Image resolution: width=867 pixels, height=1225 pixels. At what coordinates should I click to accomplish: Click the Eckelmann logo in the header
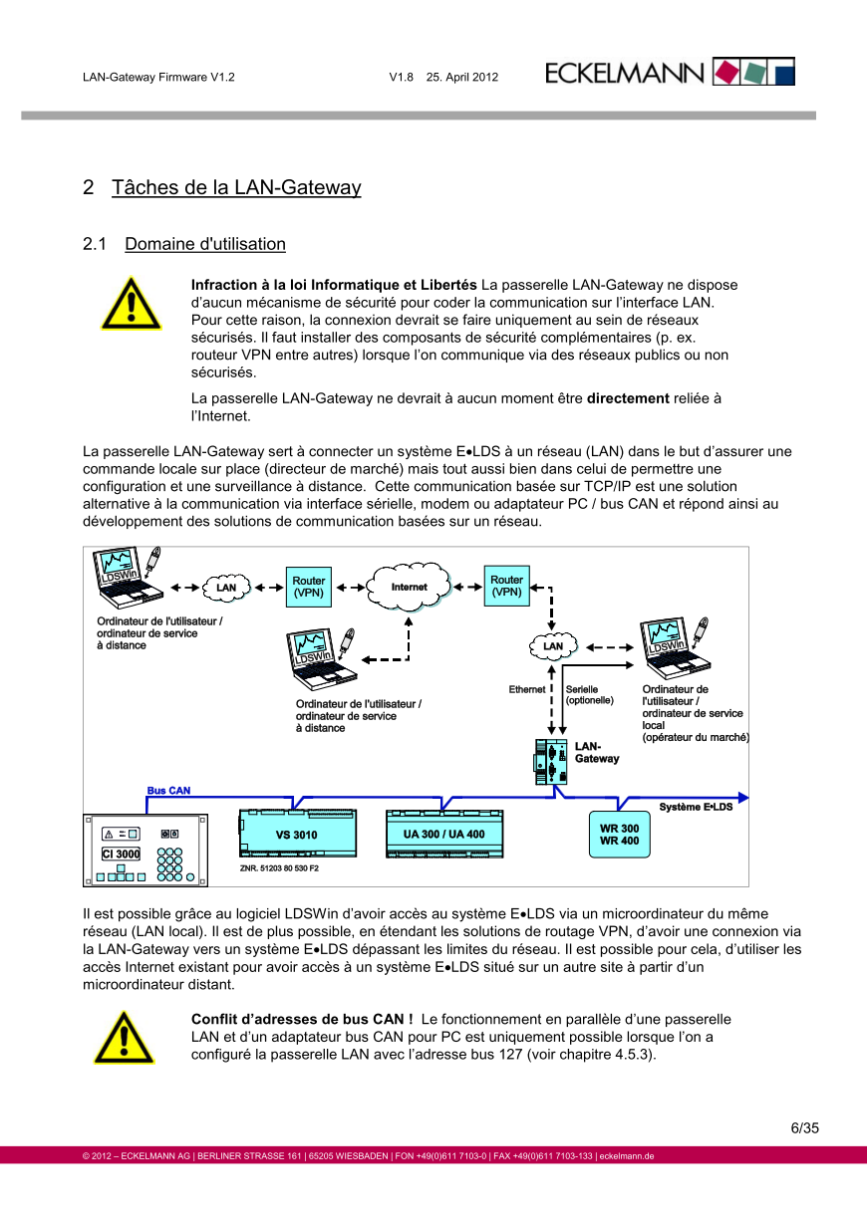click(x=670, y=73)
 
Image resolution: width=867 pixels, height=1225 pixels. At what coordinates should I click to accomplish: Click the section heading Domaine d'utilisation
click(x=205, y=244)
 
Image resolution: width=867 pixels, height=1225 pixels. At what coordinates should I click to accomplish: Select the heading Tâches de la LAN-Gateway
click(x=236, y=187)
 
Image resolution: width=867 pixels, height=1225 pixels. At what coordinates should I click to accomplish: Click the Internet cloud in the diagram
click(x=409, y=587)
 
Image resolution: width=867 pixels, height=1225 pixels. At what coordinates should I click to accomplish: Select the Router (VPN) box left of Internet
click(x=308, y=587)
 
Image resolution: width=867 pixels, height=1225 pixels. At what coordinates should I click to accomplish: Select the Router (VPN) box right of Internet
click(x=506, y=586)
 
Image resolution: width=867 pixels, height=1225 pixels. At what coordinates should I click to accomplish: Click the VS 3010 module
click(x=296, y=835)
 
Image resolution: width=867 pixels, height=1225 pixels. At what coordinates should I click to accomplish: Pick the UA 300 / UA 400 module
click(x=444, y=834)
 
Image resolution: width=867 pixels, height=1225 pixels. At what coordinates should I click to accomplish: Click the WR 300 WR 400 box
click(x=619, y=835)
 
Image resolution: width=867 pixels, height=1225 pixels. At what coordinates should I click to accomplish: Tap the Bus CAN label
click(x=168, y=790)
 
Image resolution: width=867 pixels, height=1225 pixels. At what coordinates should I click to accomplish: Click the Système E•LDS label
click(x=696, y=806)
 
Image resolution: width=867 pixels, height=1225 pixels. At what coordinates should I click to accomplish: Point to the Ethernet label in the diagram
click(x=527, y=689)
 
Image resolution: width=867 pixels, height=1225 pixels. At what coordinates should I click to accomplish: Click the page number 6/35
click(x=804, y=1128)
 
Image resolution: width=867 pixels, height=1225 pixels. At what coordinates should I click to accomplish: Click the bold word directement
click(x=628, y=398)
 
